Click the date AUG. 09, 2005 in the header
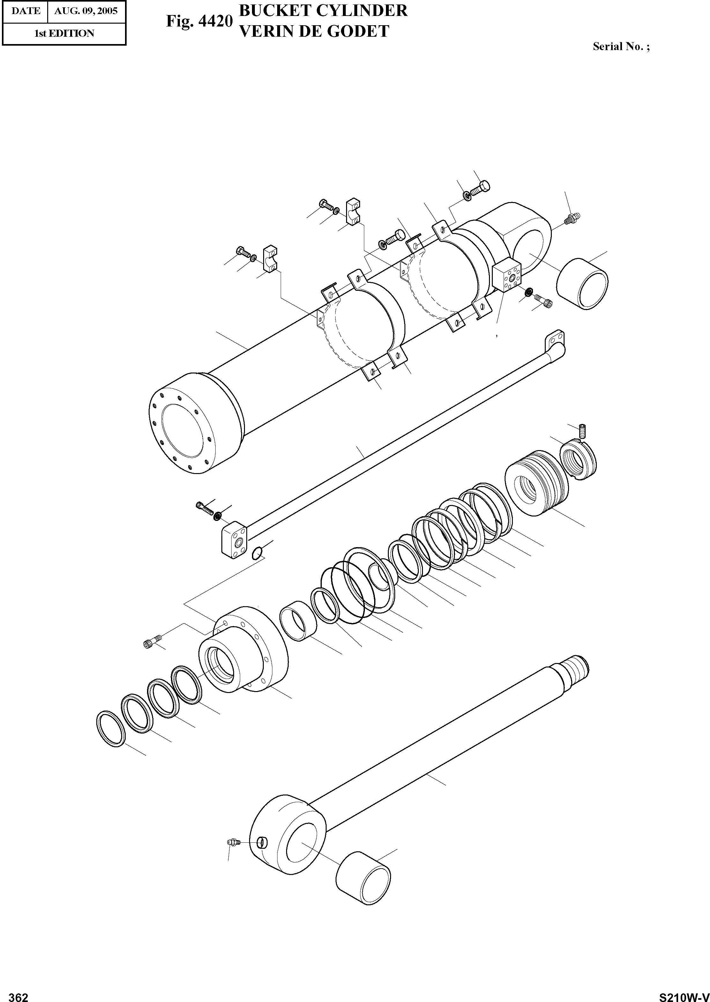point(86,11)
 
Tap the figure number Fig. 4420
point(198,21)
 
